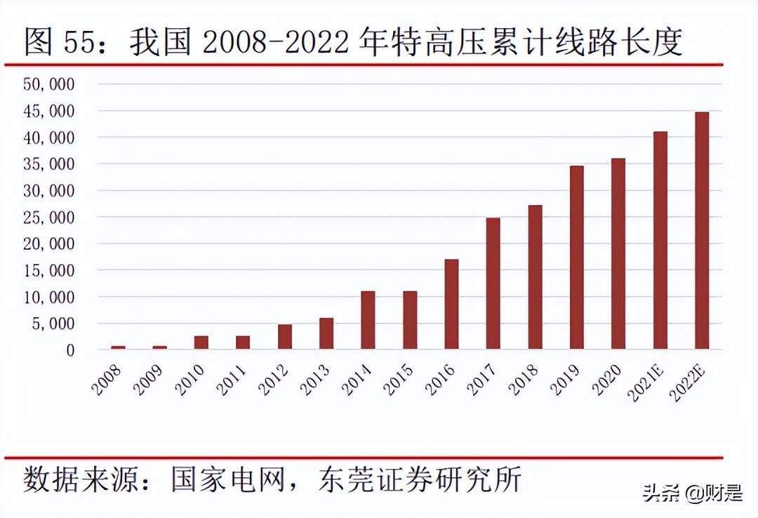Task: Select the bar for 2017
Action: point(493,284)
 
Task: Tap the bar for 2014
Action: point(368,320)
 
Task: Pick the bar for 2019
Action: point(576,258)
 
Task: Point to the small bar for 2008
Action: point(117,347)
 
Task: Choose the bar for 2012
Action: point(284,337)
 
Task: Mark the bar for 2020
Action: point(618,254)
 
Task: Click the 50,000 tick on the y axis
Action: point(49,84)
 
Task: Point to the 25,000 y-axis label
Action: point(49,218)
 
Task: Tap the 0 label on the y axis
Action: point(69,350)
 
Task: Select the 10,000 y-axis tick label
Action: point(49,298)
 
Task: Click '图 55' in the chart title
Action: point(60,43)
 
